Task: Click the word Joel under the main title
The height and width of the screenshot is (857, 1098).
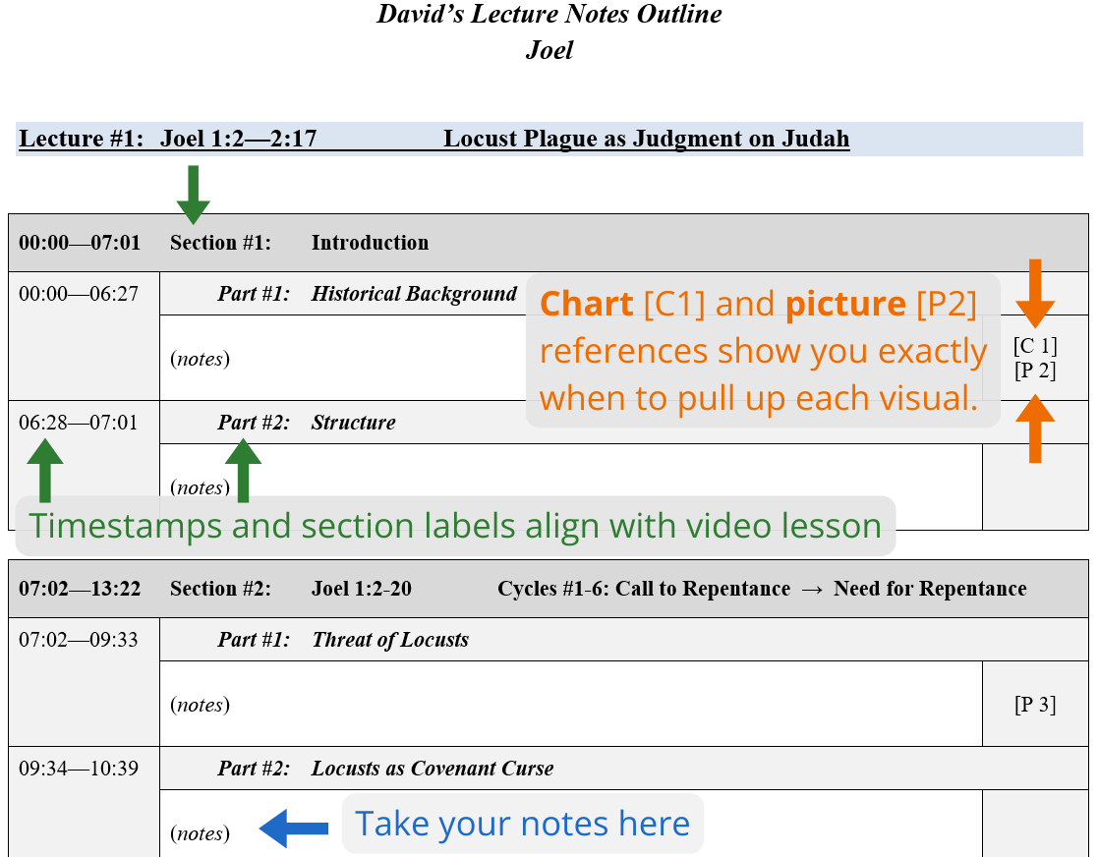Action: (549, 50)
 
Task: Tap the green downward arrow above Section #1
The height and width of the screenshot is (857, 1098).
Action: (194, 195)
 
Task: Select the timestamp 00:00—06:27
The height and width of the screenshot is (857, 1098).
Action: (79, 294)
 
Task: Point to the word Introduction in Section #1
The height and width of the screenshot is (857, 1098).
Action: (370, 243)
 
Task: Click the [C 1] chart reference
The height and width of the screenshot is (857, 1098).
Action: (1035, 345)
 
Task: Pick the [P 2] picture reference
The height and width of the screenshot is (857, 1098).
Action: (1035, 371)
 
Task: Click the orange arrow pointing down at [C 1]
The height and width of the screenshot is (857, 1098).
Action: (1035, 294)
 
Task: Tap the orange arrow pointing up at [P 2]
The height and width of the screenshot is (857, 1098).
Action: (1035, 428)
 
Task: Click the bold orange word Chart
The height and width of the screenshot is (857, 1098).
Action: (587, 305)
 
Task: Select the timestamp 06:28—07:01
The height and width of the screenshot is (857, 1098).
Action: (79, 423)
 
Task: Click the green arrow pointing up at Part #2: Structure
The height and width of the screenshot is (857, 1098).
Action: (243, 471)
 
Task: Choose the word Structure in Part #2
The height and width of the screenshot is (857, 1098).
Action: (354, 423)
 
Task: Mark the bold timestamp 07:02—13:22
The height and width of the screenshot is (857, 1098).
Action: (80, 589)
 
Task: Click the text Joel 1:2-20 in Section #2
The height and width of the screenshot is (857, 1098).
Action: (362, 589)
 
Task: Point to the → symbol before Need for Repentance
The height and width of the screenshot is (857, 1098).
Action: (812, 590)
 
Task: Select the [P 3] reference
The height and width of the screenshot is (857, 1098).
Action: (1035, 705)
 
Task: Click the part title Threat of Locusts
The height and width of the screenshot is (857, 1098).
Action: (391, 640)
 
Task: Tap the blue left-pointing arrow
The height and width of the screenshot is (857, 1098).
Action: (293, 828)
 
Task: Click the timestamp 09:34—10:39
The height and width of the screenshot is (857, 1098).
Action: (79, 769)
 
